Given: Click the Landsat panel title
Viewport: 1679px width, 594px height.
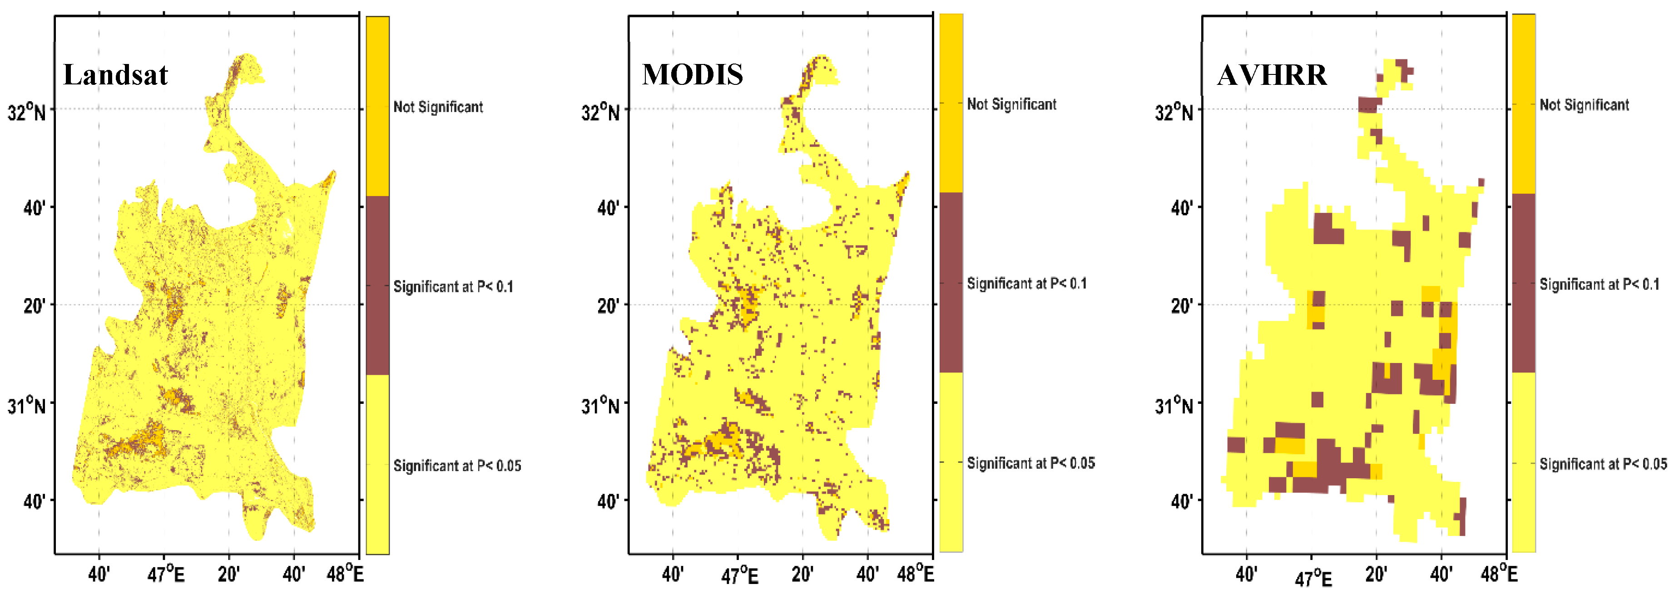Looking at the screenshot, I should click(115, 75).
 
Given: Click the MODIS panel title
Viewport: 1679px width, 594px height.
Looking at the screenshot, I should click(692, 75).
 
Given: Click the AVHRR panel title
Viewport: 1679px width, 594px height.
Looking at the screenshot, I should click(1272, 75).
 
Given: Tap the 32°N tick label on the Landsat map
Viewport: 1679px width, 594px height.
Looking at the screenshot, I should click(27, 112).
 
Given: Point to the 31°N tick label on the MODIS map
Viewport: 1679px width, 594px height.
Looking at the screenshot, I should click(600, 406).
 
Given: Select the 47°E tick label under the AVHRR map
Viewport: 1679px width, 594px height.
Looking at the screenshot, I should click(1312, 577).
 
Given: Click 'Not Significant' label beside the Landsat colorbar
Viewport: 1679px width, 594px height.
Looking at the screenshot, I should click(438, 107).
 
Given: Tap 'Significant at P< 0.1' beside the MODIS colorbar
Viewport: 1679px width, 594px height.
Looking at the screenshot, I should click(1026, 283).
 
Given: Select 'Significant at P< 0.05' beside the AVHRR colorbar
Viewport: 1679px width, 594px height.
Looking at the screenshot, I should click(1603, 464).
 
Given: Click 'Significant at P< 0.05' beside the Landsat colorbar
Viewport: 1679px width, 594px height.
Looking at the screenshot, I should click(457, 466).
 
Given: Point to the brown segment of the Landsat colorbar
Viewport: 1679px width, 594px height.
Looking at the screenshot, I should click(377, 285).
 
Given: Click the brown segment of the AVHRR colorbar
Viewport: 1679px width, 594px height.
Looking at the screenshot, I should click(1523, 283).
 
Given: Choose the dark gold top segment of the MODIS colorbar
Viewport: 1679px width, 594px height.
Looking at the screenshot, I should click(951, 103).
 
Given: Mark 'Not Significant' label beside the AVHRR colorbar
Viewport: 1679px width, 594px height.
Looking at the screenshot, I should click(1584, 105).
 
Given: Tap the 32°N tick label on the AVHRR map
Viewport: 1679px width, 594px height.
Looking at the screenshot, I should click(1174, 112).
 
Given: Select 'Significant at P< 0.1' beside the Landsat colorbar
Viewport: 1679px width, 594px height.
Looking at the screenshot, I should click(453, 287).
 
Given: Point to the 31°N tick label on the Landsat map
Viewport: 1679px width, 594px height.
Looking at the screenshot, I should click(27, 406).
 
